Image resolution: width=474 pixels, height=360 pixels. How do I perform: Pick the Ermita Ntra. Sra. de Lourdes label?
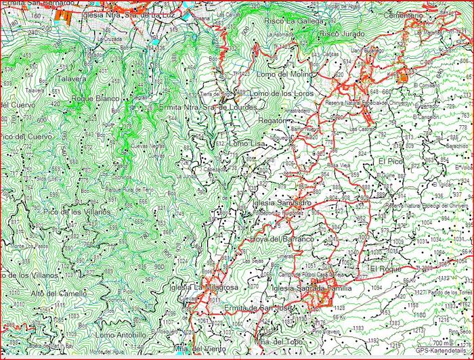(207, 108)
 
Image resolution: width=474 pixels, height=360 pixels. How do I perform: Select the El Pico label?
(391, 162)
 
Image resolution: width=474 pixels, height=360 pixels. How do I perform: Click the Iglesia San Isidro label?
(280, 202)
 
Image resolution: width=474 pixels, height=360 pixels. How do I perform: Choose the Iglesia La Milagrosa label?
(207, 288)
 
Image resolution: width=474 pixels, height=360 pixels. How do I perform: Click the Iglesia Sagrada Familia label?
(310, 288)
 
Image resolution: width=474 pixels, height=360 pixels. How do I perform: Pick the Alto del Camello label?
(59, 293)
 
